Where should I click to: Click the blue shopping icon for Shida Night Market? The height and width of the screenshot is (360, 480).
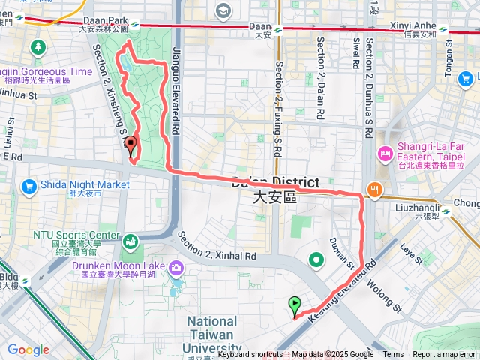point(30,185)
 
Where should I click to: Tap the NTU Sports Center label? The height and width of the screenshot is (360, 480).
point(76,235)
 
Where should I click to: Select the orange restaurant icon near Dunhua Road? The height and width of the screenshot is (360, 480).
point(373,189)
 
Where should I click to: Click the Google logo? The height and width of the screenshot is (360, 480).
point(28,349)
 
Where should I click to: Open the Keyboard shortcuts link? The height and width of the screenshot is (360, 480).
point(250,355)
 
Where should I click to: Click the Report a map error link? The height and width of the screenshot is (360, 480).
point(445,355)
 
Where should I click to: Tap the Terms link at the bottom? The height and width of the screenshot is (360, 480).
point(393,355)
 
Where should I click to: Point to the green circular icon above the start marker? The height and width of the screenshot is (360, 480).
point(316,260)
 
